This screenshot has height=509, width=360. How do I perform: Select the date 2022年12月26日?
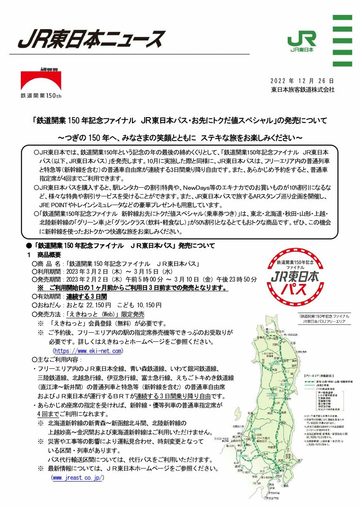click(x=302, y=81)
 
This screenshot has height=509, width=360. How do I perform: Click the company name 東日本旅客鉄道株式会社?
click(x=302, y=90)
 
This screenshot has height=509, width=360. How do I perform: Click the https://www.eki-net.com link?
click(x=87, y=351)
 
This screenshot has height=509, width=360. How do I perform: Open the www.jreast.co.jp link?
click(x=77, y=478)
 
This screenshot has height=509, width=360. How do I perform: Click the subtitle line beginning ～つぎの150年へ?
click(x=180, y=138)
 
